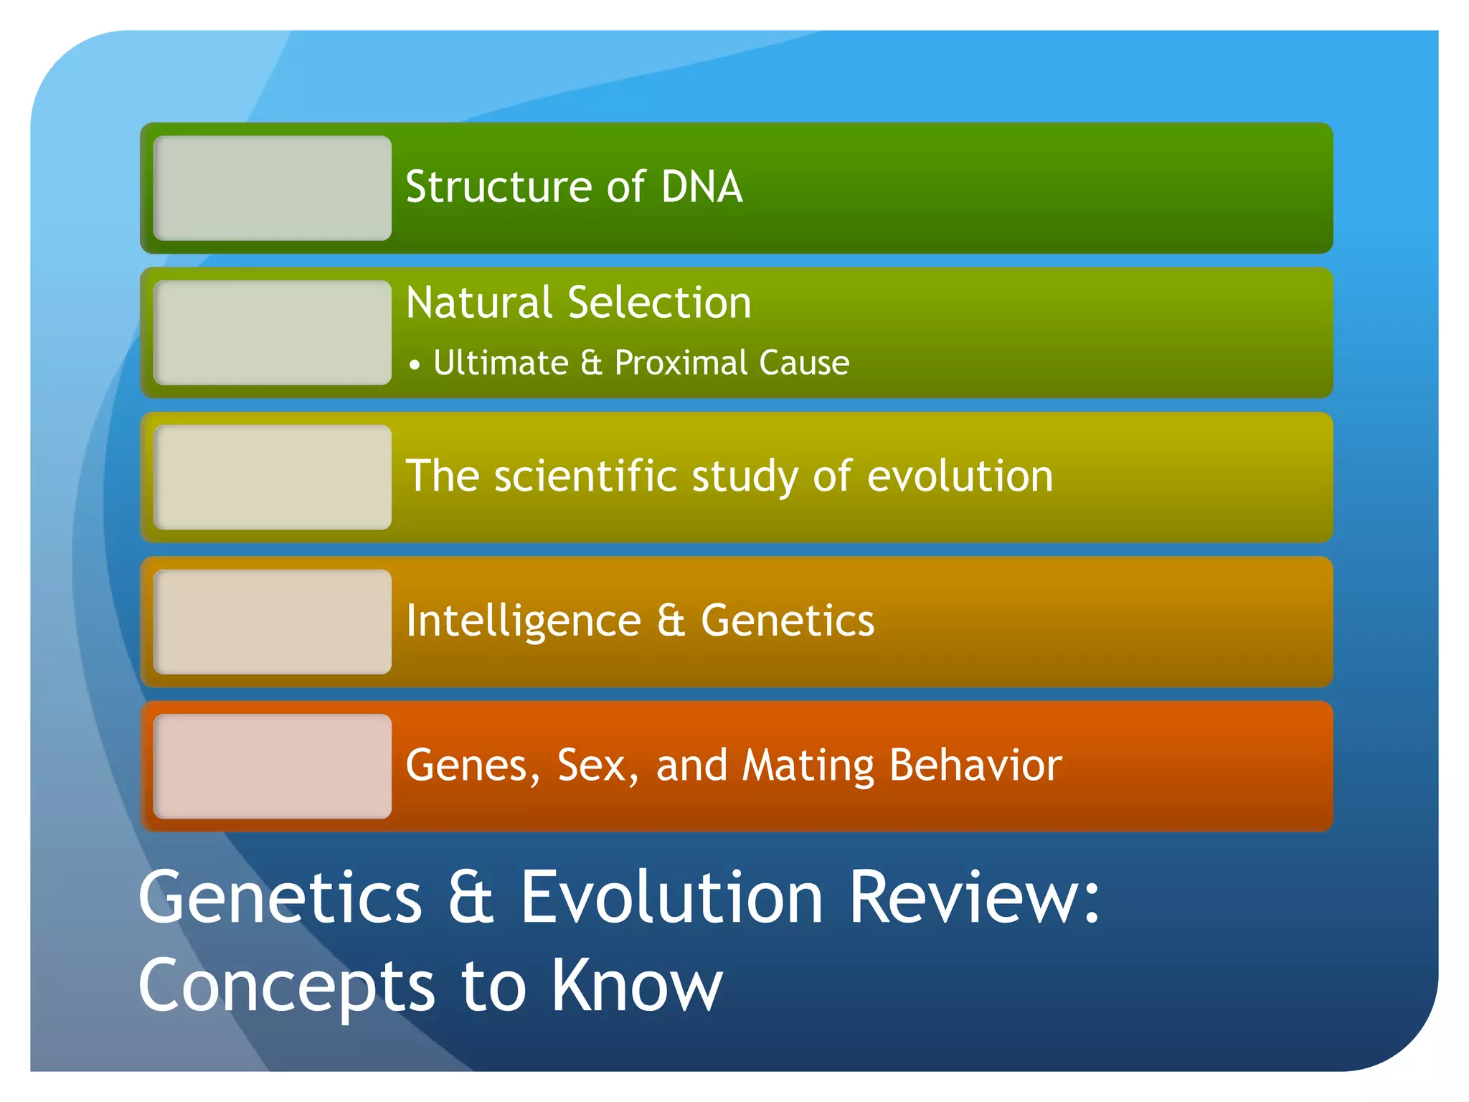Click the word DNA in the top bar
[x=702, y=187]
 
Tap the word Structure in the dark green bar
[x=499, y=187]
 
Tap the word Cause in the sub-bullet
[x=804, y=362]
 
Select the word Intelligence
[x=523, y=621]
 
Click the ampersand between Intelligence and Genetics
[x=671, y=621]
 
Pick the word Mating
[x=808, y=766]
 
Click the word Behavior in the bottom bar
[x=976, y=766]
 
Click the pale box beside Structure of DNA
[x=273, y=188]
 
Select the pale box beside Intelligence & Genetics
[x=273, y=622]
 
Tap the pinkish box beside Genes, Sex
[x=273, y=766]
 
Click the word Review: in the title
[x=974, y=898]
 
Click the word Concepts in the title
[x=286, y=987]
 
